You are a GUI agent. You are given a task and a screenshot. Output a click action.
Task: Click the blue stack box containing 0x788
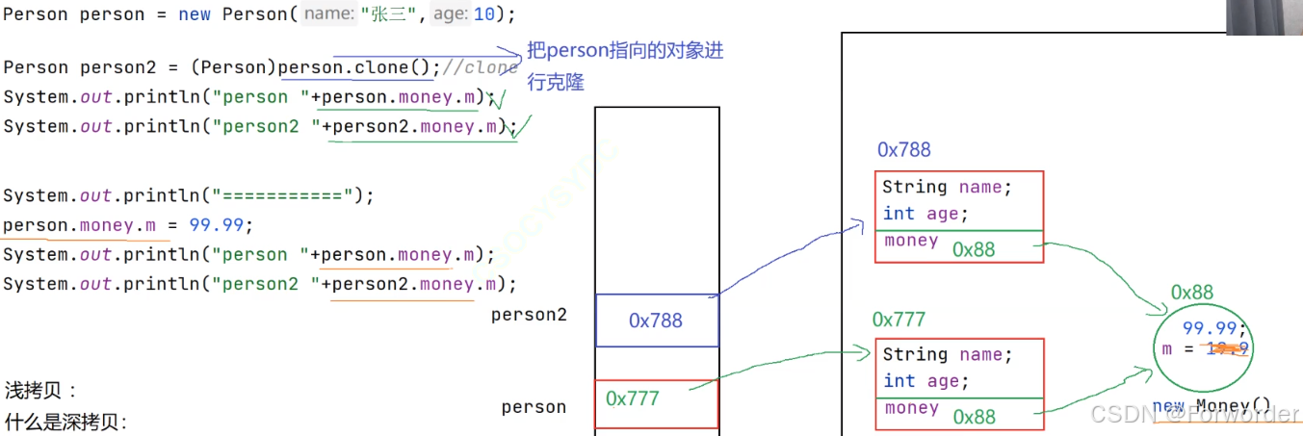(x=656, y=321)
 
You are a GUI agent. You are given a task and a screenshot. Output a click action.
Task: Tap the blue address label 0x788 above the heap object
(x=903, y=150)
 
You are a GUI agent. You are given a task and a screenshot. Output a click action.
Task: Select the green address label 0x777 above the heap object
(x=899, y=320)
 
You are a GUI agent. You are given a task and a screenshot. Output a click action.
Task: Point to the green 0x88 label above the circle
(x=1192, y=293)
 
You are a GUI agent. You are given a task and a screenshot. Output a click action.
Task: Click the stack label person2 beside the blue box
(x=529, y=315)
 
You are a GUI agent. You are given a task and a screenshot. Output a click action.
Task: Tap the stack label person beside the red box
(x=534, y=407)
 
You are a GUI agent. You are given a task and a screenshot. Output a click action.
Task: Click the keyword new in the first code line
(x=195, y=15)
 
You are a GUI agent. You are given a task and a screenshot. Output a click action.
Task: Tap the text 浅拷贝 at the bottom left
(x=40, y=392)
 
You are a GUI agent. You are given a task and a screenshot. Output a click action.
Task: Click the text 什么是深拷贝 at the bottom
(x=65, y=423)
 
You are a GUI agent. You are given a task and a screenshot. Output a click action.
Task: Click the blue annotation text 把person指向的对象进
(x=625, y=51)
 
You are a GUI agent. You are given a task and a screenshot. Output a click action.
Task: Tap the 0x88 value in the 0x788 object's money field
(x=974, y=249)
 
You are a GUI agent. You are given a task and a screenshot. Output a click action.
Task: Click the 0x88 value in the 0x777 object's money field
(x=974, y=417)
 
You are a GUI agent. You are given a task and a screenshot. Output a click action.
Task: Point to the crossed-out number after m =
(x=1228, y=349)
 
